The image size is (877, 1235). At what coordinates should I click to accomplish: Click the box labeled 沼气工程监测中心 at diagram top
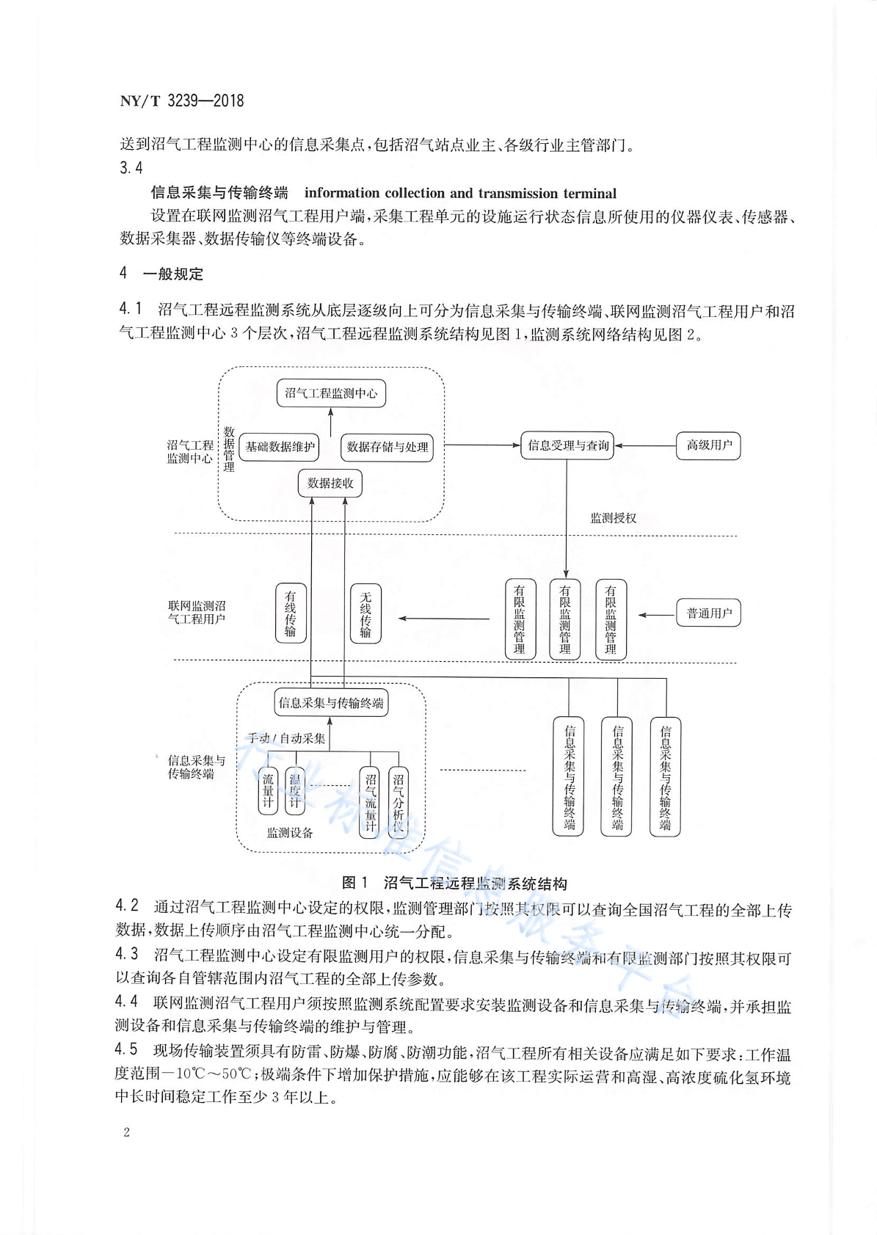point(331,393)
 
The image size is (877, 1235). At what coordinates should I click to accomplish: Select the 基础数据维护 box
point(280,447)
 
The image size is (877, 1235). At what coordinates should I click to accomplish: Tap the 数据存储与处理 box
point(387,447)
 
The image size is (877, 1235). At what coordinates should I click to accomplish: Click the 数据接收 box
point(330,483)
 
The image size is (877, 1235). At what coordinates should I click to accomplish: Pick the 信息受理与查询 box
point(567,445)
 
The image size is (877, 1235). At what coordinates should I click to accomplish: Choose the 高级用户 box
point(708,445)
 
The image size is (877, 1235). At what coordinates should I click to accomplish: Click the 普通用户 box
point(708,613)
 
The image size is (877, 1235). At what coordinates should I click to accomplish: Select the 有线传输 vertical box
point(291,613)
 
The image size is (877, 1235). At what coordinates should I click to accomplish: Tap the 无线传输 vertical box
point(365,613)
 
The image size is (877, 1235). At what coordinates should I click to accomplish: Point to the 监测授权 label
point(614,518)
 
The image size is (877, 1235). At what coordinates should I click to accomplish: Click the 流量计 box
point(268,790)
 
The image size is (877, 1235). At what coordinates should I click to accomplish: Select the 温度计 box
point(295,790)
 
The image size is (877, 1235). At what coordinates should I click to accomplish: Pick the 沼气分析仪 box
point(399,803)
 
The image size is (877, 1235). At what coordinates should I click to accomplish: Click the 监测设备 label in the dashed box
point(290,833)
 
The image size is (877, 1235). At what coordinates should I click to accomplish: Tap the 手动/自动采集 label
point(286,738)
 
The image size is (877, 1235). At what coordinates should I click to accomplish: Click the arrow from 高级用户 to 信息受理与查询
point(645,445)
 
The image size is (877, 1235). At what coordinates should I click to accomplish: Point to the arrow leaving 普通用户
point(658,614)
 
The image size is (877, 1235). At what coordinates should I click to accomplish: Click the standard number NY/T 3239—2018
point(182,101)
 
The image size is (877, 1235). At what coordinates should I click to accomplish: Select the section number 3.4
point(131,167)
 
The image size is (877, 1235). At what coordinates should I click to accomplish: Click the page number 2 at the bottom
point(127,1132)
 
